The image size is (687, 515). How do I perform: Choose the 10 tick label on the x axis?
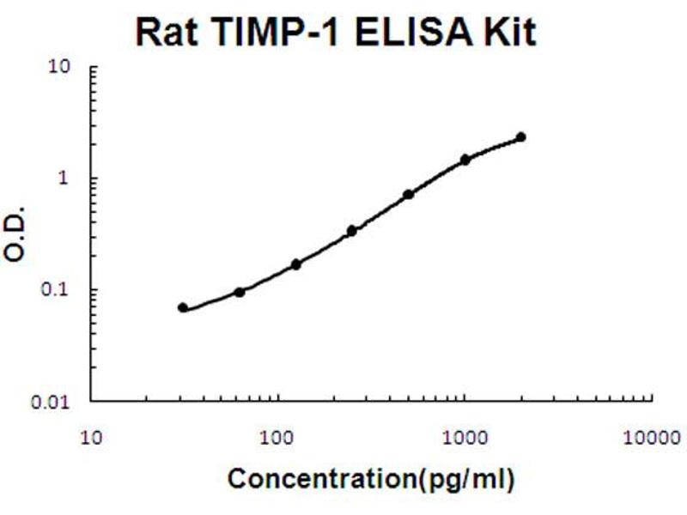[x=92, y=437]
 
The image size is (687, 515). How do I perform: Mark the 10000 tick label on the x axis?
[x=648, y=437]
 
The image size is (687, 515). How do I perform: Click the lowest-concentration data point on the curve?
[x=183, y=307]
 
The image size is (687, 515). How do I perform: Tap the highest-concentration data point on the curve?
[x=520, y=137]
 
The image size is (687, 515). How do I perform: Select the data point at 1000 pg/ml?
[x=465, y=160]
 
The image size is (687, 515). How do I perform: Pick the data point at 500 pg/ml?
[x=409, y=195]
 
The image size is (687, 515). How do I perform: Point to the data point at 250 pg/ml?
[x=352, y=231]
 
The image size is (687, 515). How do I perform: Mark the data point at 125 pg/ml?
[x=296, y=264]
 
